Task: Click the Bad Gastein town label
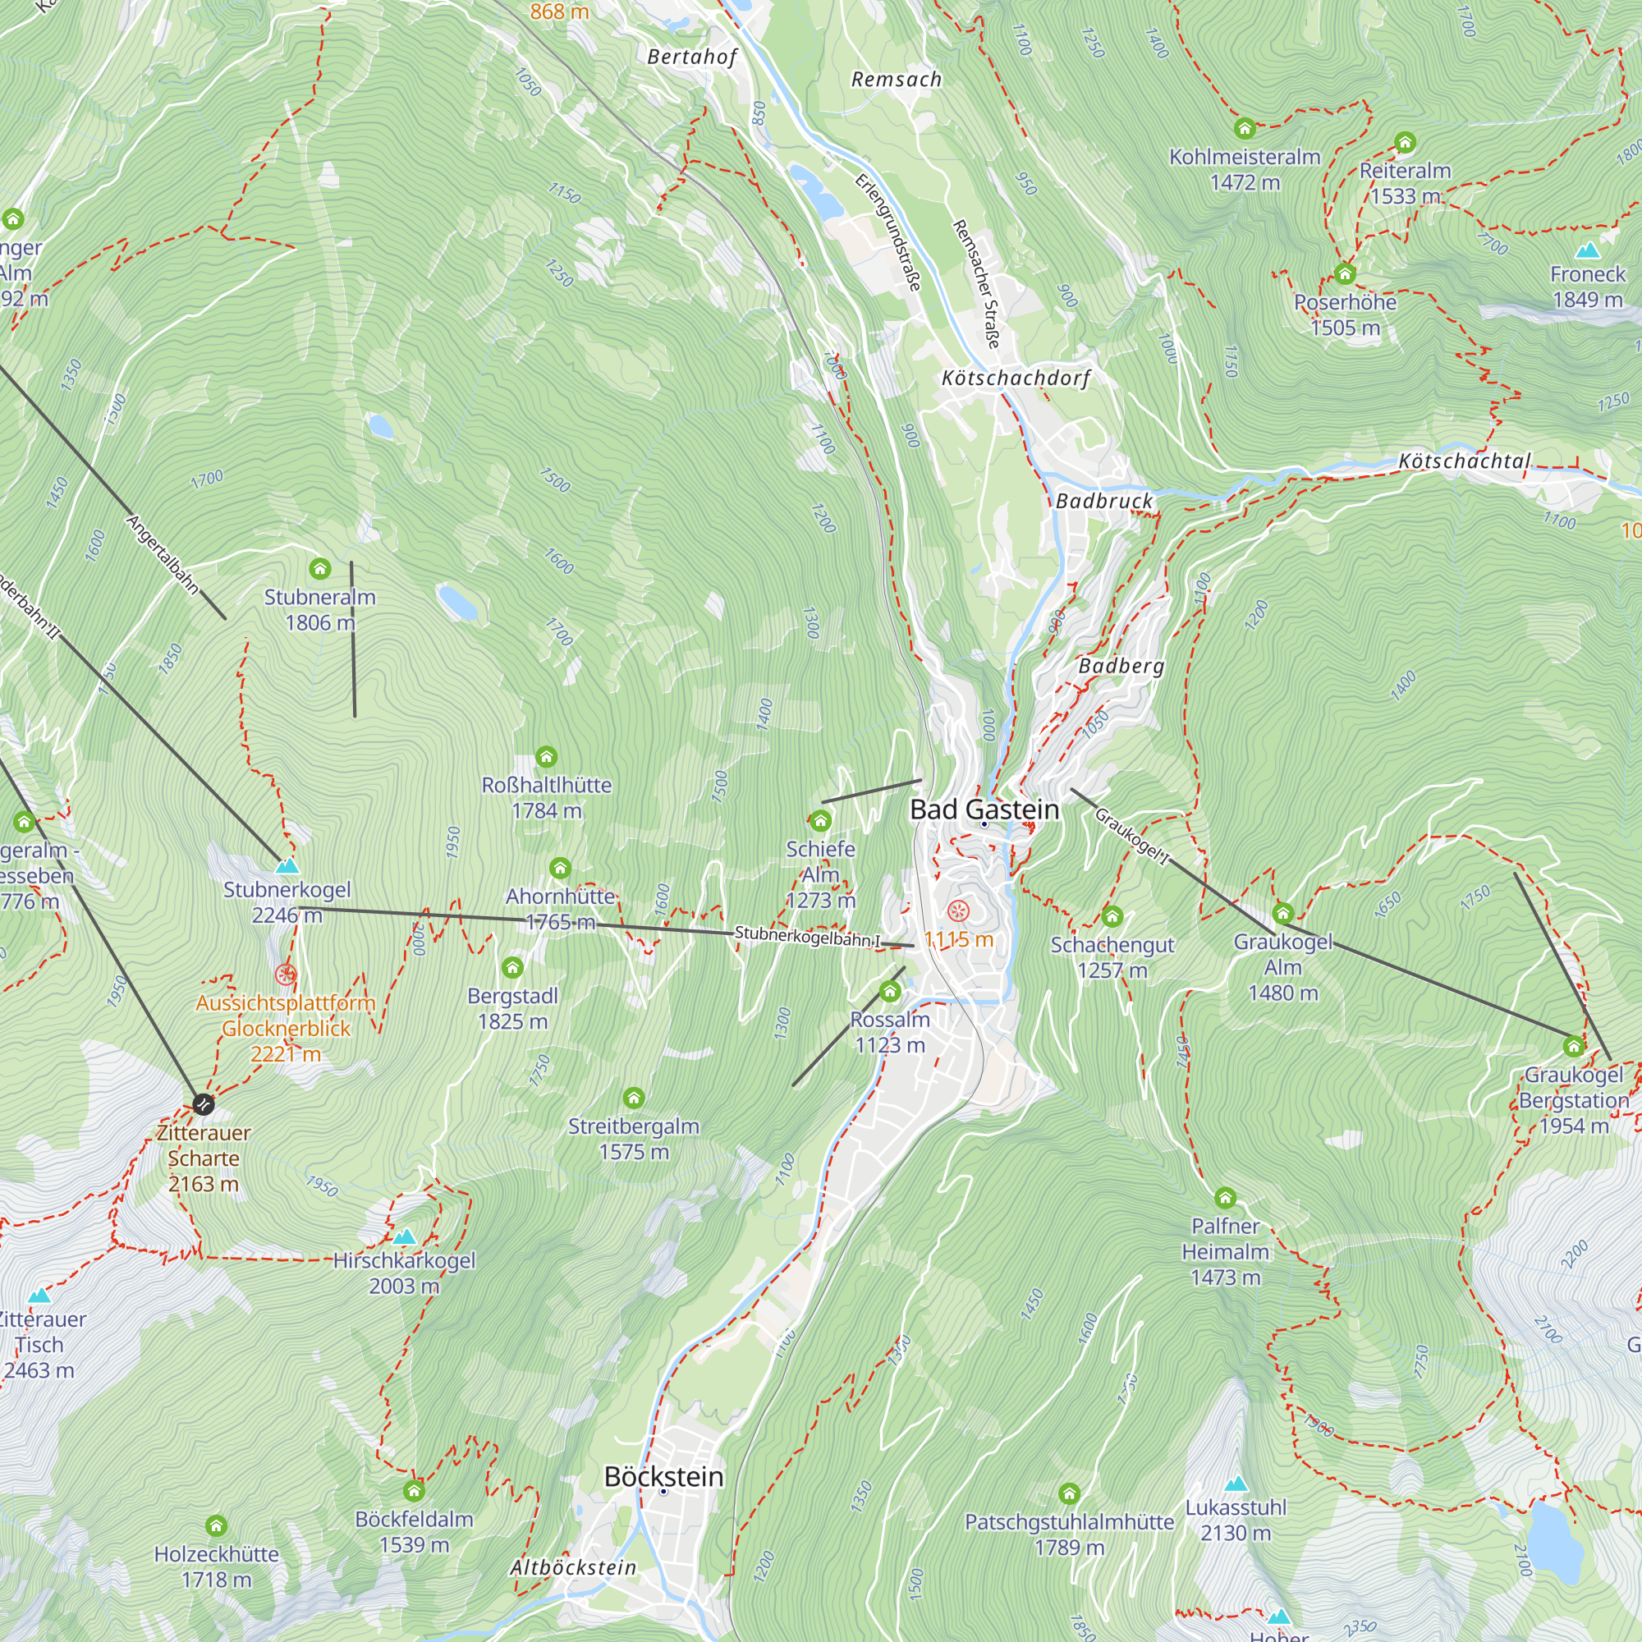click(984, 810)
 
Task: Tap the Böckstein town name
click(663, 1476)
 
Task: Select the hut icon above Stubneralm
click(319, 568)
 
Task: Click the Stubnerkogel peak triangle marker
click(287, 866)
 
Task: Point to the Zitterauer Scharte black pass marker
click(203, 1104)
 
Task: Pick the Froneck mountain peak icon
click(1587, 250)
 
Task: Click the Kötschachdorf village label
click(1016, 378)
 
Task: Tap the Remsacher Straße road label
click(976, 284)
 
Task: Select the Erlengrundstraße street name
click(888, 232)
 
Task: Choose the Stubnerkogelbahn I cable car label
click(807, 937)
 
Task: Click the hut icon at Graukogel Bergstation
click(1573, 1045)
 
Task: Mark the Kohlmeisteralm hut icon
click(1245, 128)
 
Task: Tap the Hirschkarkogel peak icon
click(404, 1236)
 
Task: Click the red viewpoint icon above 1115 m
click(958, 912)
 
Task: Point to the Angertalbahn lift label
click(163, 554)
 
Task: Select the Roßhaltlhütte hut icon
click(546, 755)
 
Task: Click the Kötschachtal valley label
click(1464, 461)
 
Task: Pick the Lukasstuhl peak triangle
click(1236, 1484)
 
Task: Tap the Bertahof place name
click(692, 57)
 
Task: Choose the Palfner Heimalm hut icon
click(1225, 1198)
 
